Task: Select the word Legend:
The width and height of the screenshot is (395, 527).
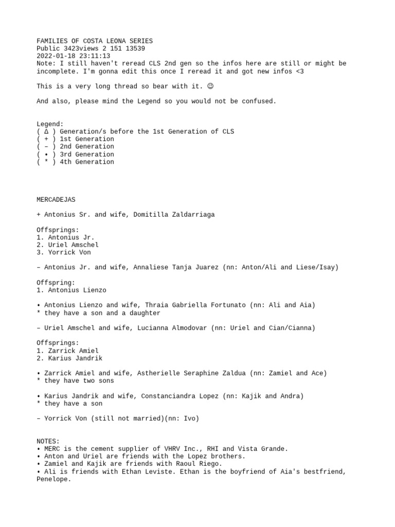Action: (x=50, y=124)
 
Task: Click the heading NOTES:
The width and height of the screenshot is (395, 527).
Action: (x=48, y=441)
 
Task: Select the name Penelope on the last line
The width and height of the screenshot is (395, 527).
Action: (x=53, y=479)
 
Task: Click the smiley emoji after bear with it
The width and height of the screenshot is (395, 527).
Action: (x=210, y=86)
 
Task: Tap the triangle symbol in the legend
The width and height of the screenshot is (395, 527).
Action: (x=46, y=132)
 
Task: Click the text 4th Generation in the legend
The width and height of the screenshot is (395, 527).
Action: (x=87, y=162)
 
